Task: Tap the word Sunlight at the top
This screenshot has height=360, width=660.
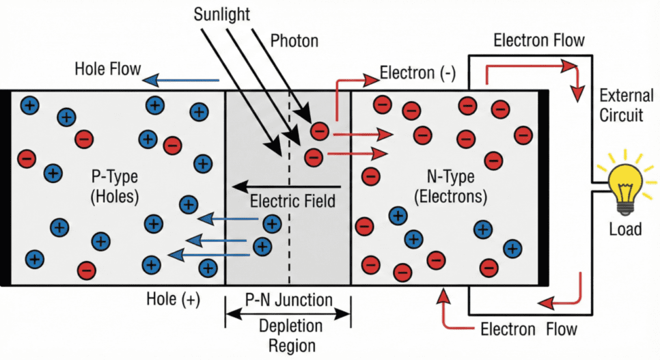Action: click(x=221, y=13)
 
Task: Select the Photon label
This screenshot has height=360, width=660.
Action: click(x=294, y=41)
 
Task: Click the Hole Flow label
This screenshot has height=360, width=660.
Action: click(x=109, y=69)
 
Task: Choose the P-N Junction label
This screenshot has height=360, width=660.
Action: click(x=288, y=300)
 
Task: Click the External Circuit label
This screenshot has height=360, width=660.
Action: click(x=621, y=104)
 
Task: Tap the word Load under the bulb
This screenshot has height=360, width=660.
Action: click(x=624, y=229)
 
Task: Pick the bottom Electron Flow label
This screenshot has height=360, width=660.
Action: click(x=529, y=329)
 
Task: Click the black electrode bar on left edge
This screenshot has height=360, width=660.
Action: click(x=5, y=187)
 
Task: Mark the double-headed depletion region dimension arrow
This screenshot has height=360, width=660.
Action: click(x=288, y=315)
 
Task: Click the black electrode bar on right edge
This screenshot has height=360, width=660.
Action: click(x=544, y=187)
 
